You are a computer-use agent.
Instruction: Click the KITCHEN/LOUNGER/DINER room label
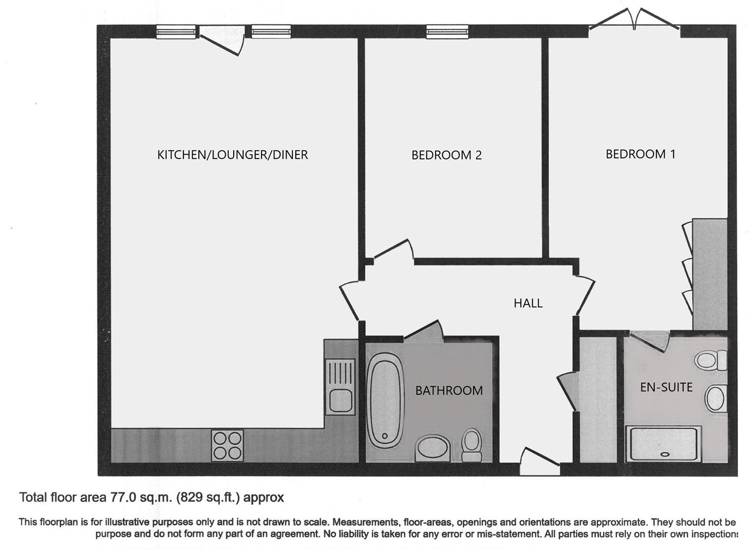coord(232,154)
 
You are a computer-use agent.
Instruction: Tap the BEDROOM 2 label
coord(446,155)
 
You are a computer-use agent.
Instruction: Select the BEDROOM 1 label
coord(640,154)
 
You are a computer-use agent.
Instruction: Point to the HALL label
coord(528,303)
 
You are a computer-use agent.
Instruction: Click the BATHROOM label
coord(449,391)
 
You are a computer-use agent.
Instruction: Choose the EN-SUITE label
coord(666,387)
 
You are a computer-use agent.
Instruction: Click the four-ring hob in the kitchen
coord(228,445)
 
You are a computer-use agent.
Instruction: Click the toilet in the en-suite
coord(711,359)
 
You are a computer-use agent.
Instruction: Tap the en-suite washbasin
coord(715,398)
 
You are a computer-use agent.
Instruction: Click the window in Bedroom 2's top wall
coord(447,32)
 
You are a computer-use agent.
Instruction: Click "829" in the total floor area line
coord(190,497)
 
